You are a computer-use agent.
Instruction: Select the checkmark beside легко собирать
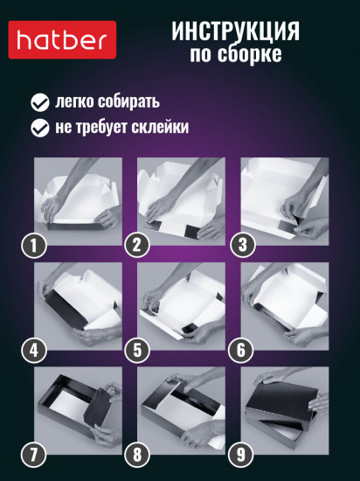pyautogui.click(x=39, y=101)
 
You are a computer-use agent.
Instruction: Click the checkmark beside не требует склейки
pyautogui.click(x=39, y=128)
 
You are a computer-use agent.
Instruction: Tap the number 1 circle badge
pyautogui.click(x=33, y=246)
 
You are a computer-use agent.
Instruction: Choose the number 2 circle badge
pyautogui.click(x=135, y=246)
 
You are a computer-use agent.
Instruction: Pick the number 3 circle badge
pyautogui.click(x=238, y=246)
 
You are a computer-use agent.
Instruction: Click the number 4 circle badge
pyautogui.click(x=33, y=351)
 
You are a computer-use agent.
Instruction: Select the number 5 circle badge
pyautogui.click(x=135, y=351)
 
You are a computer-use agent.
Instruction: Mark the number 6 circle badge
pyautogui.click(x=238, y=351)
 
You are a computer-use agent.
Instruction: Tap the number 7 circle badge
pyautogui.click(x=33, y=455)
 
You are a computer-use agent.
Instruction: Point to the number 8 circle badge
pyautogui.click(x=135, y=455)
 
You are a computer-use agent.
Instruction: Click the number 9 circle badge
pyautogui.click(x=238, y=455)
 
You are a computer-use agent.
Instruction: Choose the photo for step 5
pyautogui.click(x=182, y=306)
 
